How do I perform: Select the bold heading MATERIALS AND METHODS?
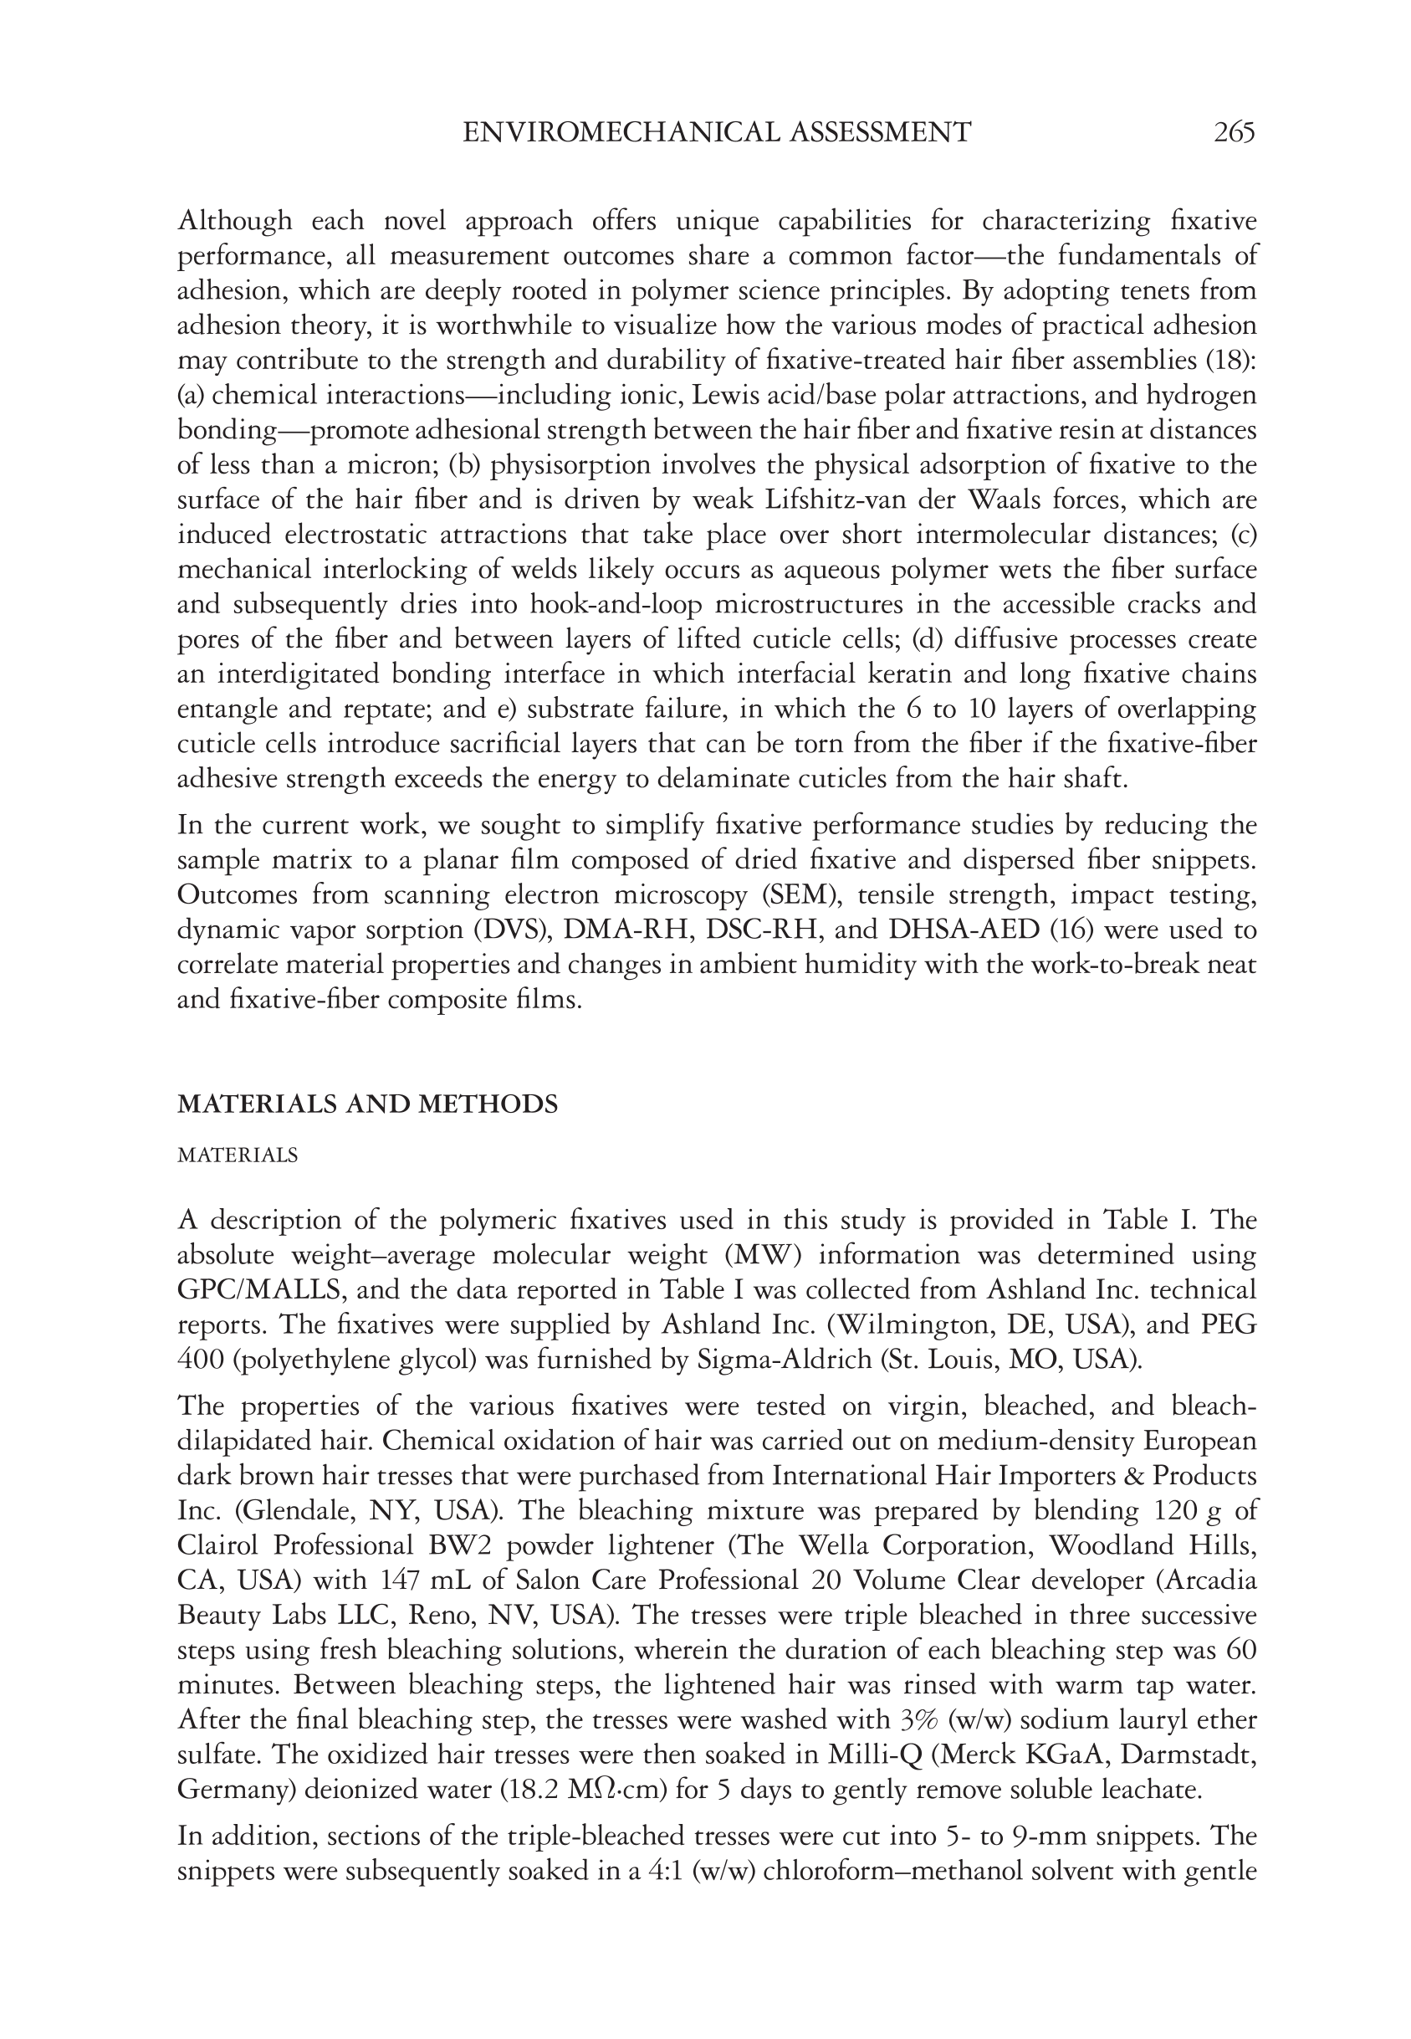coord(368,1104)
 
